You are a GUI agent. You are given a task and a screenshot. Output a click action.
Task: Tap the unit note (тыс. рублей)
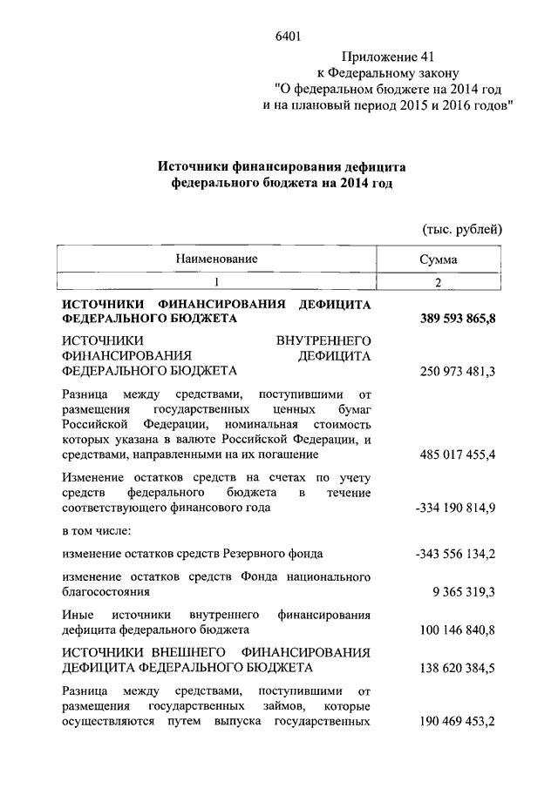tap(462, 229)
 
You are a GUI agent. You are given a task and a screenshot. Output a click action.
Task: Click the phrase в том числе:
tap(98, 531)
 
